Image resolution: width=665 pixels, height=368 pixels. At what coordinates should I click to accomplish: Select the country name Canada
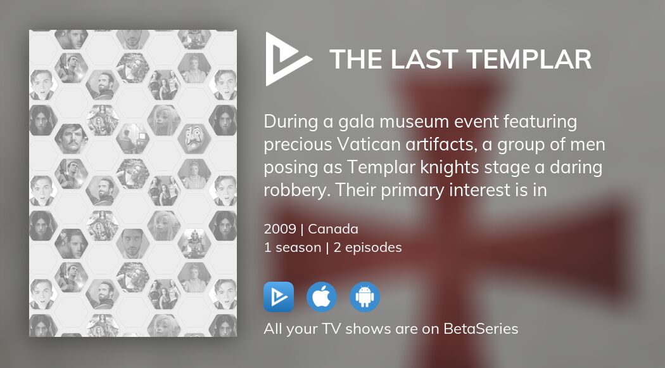(x=333, y=229)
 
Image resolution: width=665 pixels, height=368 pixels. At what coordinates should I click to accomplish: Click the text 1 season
(x=292, y=247)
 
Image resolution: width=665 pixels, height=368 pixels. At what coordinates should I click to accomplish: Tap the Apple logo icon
(x=322, y=297)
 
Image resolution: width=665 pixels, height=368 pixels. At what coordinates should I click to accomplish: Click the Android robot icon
(x=365, y=297)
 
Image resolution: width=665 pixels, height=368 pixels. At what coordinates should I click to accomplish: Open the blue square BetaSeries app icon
(x=279, y=297)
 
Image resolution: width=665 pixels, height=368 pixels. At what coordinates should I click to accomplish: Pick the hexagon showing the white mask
(x=194, y=138)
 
